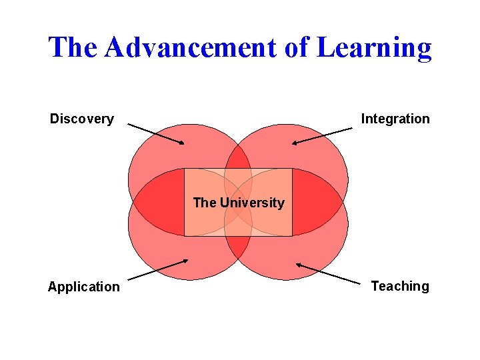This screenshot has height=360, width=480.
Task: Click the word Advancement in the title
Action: [190, 47]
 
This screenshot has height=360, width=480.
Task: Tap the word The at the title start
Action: [74, 47]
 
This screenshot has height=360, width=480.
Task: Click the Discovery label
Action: [82, 119]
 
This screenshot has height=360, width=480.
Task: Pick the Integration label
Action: [395, 119]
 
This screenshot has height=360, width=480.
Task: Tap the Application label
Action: [84, 287]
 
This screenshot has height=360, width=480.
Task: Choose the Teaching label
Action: [400, 287]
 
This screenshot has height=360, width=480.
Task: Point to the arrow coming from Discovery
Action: [155, 133]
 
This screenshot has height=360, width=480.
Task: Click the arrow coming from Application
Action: [157, 269]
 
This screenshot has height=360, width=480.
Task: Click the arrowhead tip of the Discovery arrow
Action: [184, 143]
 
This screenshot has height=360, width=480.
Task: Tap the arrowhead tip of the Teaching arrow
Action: [297, 265]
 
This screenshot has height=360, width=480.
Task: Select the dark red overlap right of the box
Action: [315, 202]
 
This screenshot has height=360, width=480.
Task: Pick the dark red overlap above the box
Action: [238, 158]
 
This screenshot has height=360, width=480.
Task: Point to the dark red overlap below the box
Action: [238, 247]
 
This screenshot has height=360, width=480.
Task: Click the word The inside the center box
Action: [204, 203]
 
